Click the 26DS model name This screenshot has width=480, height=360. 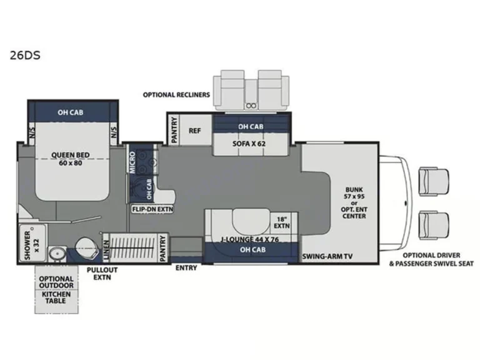pos(25,56)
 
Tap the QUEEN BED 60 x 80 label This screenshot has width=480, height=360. pos(71,159)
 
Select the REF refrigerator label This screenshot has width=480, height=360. pos(195,131)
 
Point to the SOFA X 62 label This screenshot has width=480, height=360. pos(249,143)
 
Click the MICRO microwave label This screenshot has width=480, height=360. pos(132,162)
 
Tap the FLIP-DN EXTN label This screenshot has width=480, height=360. pos(152,209)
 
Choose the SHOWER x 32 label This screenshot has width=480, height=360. pos(32,245)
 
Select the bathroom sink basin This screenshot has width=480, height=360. pos(57,254)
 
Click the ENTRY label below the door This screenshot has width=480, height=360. pos(186,268)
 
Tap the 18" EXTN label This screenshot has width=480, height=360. pos(281,222)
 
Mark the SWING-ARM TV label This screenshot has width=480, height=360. pos(327,256)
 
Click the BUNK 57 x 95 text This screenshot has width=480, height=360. pos(354,193)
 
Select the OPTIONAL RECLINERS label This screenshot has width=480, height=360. pos(176,95)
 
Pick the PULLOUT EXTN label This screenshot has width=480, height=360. pos(102,274)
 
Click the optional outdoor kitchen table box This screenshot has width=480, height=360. pos(56,289)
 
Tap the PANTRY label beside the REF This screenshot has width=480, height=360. pos(174,130)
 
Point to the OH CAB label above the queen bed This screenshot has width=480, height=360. pos(71,112)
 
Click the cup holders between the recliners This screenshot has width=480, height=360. pos(251,106)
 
